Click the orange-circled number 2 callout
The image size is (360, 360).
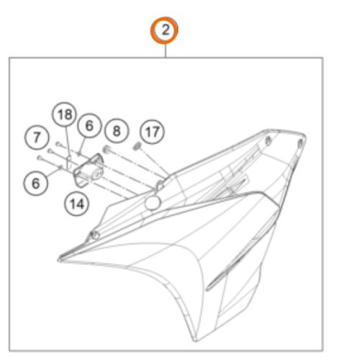click(x=164, y=30)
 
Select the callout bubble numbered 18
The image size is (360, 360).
click(x=64, y=114)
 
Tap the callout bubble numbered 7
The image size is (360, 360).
click(x=37, y=138)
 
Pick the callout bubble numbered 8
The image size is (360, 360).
click(x=117, y=131)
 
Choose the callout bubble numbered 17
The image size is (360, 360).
click(x=153, y=132)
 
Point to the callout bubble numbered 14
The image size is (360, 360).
click(x=77, y=204)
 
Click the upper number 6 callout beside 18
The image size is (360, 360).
click(x=89, y=125)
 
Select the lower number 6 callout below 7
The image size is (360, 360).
click(x=35, y=183)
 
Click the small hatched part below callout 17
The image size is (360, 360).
click(x=137, y=146)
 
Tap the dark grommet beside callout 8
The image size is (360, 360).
click(x=107, y=150)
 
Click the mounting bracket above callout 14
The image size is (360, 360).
click(x=88, y=170)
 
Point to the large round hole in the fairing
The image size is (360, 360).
click(x=153, y=203)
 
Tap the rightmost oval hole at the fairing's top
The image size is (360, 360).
click(x=300, y=143)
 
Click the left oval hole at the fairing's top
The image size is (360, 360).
click(x=269, y=141)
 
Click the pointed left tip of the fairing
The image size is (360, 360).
click(x=59, y=260)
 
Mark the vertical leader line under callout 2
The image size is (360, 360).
click(x=166, y=51)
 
